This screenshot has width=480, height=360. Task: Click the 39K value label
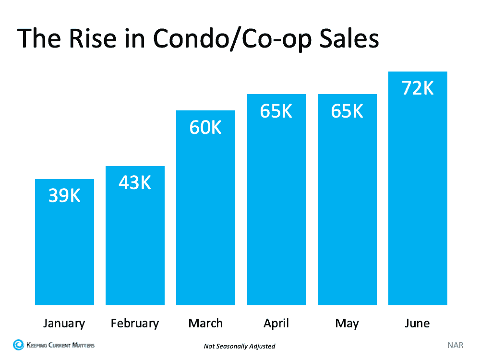point(64,196)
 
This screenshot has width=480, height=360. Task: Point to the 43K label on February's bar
point(135,182)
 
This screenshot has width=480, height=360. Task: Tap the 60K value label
point(205,127)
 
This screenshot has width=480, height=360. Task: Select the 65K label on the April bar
point(276,111)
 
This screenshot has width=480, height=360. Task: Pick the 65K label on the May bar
point(347,111)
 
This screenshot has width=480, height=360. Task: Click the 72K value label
point(418,88)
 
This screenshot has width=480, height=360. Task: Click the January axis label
point(64,323)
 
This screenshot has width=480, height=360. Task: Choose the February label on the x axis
point(135,323)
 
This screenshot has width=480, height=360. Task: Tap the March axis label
point(205,323)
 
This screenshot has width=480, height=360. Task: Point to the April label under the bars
point(276,323)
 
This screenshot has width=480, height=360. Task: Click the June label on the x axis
point(418,323)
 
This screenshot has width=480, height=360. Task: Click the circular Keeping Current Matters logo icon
point(18,345)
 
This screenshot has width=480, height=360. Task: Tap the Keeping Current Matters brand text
point(60,345)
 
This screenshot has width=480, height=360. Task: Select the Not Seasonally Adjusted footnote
point(240,346)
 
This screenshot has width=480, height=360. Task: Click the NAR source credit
point(455,345)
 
